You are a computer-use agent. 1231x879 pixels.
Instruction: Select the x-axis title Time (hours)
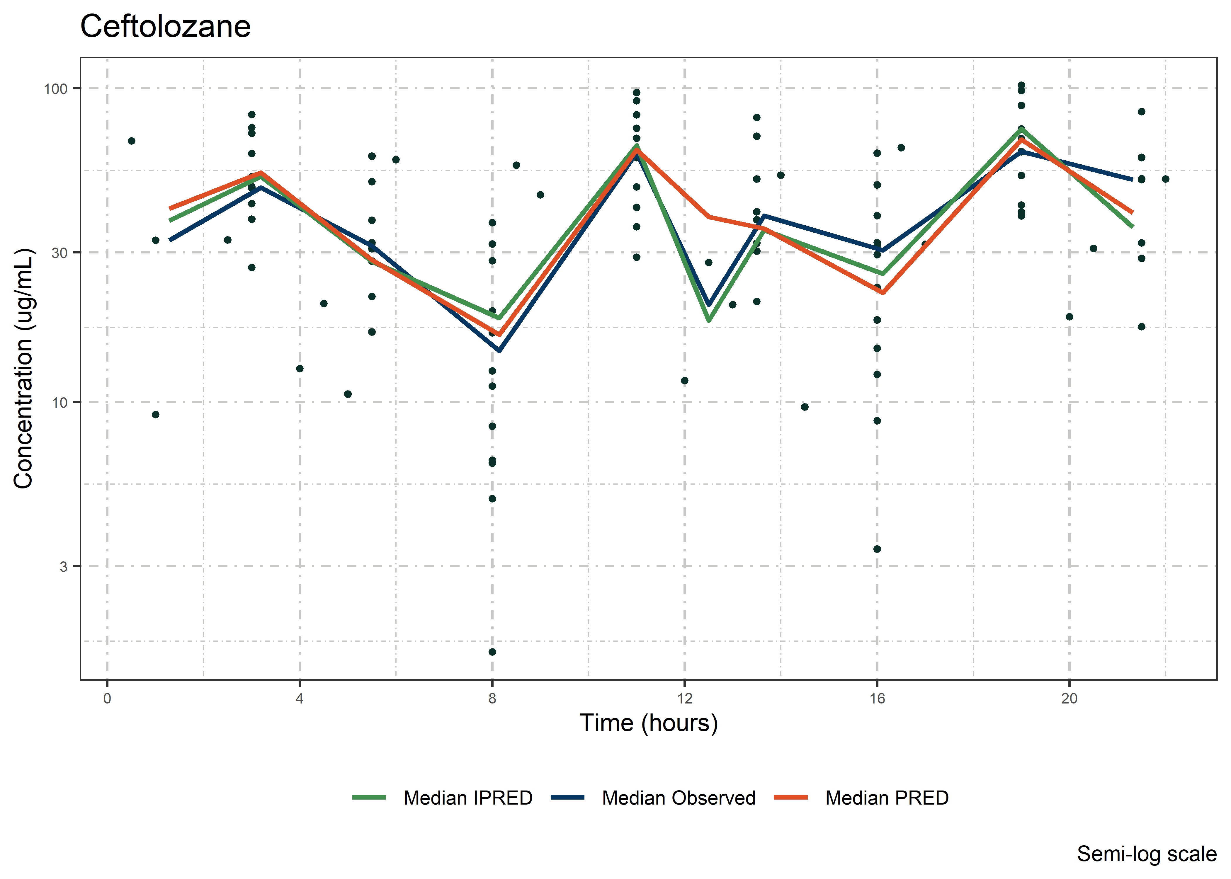click(x=649, y=723)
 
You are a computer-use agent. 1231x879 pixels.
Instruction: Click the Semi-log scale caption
click(x=1147, y=854)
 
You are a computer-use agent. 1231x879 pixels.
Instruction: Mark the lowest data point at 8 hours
click(x=492, y=652)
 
